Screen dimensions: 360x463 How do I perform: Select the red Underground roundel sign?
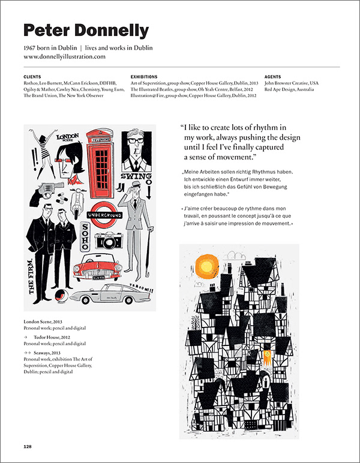click(x=106, y=215)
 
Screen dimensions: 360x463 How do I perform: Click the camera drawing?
click(x=108, y=241)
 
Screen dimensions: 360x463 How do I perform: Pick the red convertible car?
click(x=98, y=269)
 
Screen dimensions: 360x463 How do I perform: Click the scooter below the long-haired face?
click(x=77, y=202)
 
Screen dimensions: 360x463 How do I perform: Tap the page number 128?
click(x=28, y=446)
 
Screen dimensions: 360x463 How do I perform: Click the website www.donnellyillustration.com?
click(x=64, y=56)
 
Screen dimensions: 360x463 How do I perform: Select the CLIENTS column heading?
click(x=32, y=77)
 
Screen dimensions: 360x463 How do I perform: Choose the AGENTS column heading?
click(x=273, y=77)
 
